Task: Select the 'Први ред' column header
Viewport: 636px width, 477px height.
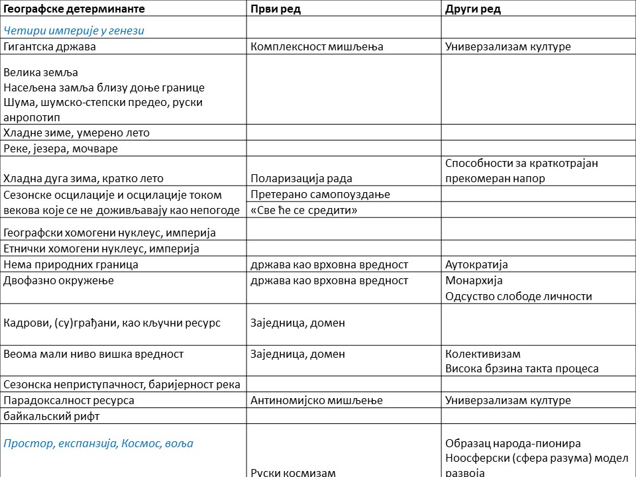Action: tap(276, 9)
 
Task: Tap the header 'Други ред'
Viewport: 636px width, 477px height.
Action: tap(473, 9)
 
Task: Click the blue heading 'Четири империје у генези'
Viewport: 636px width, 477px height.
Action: tap(74, 30)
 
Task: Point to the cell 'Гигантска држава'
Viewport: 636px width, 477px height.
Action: tap(50, 46)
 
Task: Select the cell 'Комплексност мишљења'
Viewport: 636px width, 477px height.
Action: tap(317, 46)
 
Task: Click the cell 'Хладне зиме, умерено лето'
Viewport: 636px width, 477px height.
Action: tap(77, 132)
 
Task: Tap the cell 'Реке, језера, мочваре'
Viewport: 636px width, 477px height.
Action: tap(61, 148)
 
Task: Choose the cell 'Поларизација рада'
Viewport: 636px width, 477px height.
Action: tap(301, 178)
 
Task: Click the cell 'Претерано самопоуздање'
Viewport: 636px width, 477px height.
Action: tap(320, 194)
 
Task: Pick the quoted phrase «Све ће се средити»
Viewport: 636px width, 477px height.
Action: tap(304, 210)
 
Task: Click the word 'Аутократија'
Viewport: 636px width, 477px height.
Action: tap(477, 264)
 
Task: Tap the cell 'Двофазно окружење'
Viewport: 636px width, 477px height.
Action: tap(59, 280)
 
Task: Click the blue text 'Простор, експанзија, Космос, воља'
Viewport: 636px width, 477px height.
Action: tap(99, 443)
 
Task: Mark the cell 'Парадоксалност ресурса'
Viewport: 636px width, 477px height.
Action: tap(69, 400)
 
